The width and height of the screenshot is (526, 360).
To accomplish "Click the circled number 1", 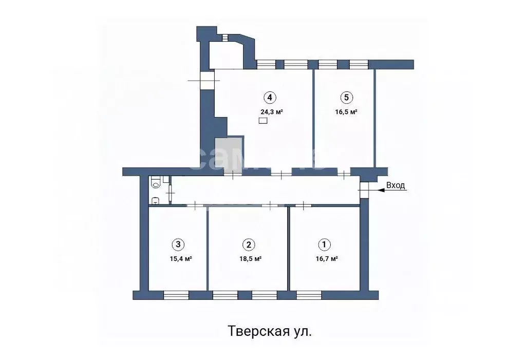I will click(x=324, y=244).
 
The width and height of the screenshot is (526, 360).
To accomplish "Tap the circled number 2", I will click(x=249, y=244).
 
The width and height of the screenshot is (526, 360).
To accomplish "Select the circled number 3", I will click(x=178, y=244).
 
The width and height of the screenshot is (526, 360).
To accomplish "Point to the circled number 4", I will click(x=269, y=97).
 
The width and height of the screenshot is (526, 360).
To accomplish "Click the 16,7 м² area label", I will click(x=327, y=259).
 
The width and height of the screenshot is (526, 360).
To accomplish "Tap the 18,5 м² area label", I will click(x=251, y=259).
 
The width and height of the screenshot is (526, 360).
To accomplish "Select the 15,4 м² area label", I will click(x=181, y=259).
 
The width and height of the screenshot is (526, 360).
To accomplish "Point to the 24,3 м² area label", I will click(x=272, y=111).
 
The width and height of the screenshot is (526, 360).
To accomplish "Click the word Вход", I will click(x=396, y=185).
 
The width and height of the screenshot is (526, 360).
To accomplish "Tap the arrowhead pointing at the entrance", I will click(x=380, y=190).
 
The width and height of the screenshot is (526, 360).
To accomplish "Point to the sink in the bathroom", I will click(x=155, y=200).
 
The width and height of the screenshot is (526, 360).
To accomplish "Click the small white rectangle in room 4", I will click(x=263, y=121).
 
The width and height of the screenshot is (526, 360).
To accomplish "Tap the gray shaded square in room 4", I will click(x=229, y=151).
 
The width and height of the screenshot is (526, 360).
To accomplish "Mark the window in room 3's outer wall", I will click(x=176, y=295).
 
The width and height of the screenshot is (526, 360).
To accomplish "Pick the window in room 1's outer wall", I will click(x=309, y=295).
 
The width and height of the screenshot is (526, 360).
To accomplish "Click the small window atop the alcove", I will click(x=225, y=36).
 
